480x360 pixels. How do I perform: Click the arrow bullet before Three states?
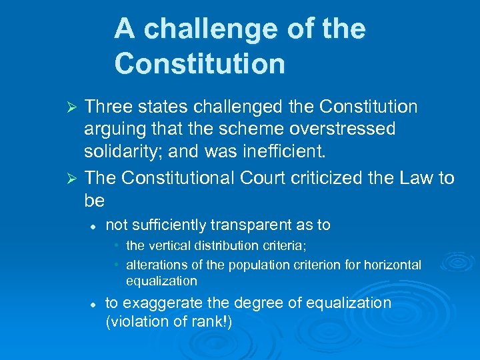coord(75,107)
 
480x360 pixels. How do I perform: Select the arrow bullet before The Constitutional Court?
coord(75,179)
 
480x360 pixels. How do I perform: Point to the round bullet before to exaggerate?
coord(94,304)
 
